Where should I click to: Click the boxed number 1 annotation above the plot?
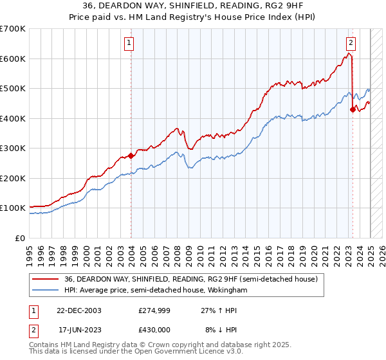(x=129, y=44)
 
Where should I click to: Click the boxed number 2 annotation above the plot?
(x=351, y=44)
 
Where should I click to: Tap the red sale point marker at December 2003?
(x=131, y=156)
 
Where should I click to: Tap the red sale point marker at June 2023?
(x=353, y=109)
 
